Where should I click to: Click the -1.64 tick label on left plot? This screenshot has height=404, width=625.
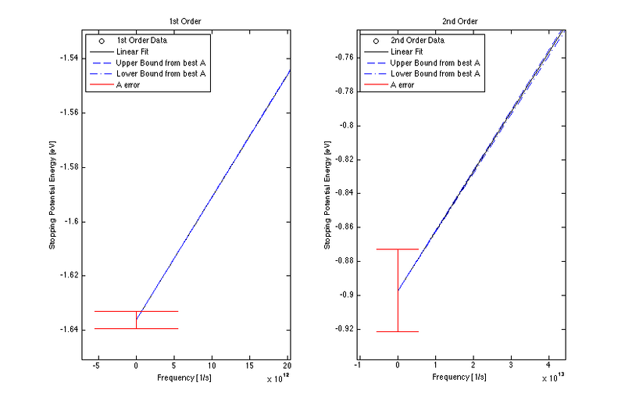coord(68,330)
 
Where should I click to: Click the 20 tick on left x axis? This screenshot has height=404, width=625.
coord(287,365)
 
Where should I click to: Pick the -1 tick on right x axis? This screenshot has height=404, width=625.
coord(359,365)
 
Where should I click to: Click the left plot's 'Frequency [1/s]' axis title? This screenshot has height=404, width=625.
coord(186,377)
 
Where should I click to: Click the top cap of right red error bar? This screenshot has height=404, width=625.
coord(398,249)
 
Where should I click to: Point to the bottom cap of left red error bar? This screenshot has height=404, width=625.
coord(136,328)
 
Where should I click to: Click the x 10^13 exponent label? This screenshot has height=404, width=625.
coord(554,377)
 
